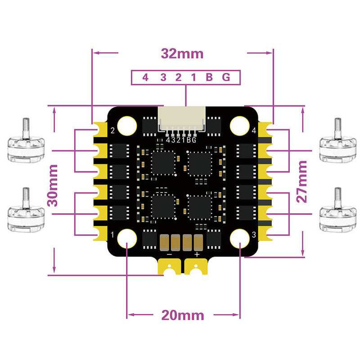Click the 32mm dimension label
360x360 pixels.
point(182,54)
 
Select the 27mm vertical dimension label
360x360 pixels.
point(302,180)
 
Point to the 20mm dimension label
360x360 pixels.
point(182,315)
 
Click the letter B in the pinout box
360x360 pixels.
point(209,77)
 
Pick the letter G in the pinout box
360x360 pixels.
point(226,77)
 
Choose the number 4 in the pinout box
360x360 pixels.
point(145,77)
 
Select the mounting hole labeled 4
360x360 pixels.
point(240,126)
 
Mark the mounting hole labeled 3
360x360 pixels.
point(240,238)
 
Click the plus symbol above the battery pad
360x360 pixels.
point(197,254)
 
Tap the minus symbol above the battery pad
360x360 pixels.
point(169,254)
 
